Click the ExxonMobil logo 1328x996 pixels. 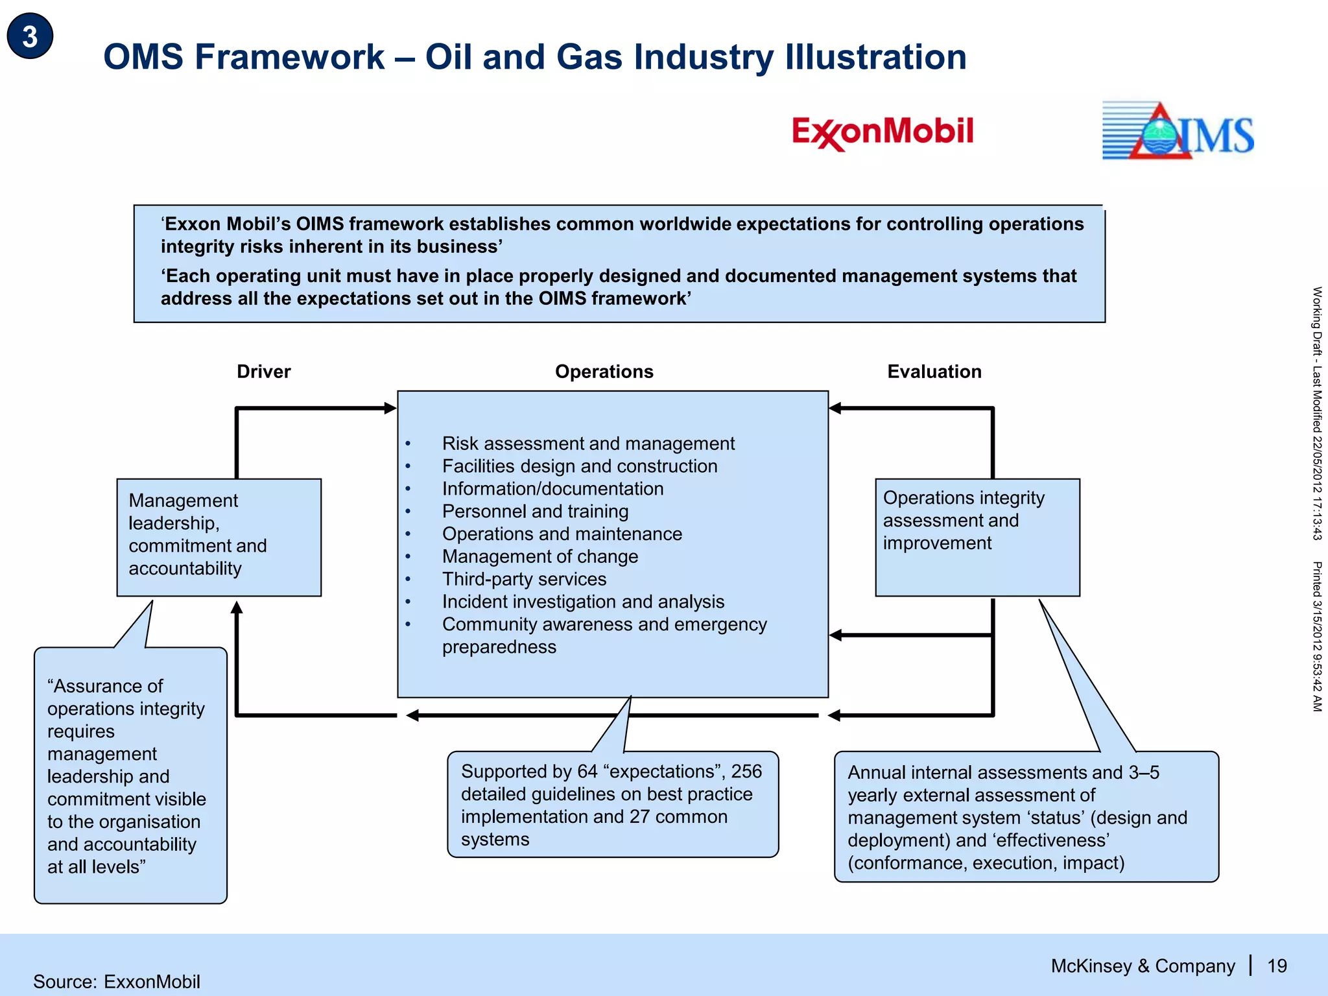click(883, 132)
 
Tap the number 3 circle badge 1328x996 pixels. click(30, 36)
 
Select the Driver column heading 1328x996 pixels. click(263, 372)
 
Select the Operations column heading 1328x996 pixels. click(604, 372)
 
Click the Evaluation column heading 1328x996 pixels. click(934, 372)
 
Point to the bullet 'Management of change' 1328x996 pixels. click(539, 556)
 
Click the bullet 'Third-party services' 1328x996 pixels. click(524, 579)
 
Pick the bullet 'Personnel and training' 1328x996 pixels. click(535, 511)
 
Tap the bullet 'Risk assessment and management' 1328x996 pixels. click(588, 444)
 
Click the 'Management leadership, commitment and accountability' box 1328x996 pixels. click(219, 537)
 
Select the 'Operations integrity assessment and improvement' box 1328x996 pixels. click(977, 537)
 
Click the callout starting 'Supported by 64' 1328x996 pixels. click(612, 805)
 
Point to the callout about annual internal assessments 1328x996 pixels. click(1026, 817)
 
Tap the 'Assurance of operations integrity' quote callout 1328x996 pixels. click(130, 775)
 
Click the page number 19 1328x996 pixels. click(1277, 966)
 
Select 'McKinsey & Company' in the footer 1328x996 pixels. click(1143, 966)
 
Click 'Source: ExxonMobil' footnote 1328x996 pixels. click(117, 982)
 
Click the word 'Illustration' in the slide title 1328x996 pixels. click(875, 57)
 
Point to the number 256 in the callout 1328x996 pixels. click(746, 771)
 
